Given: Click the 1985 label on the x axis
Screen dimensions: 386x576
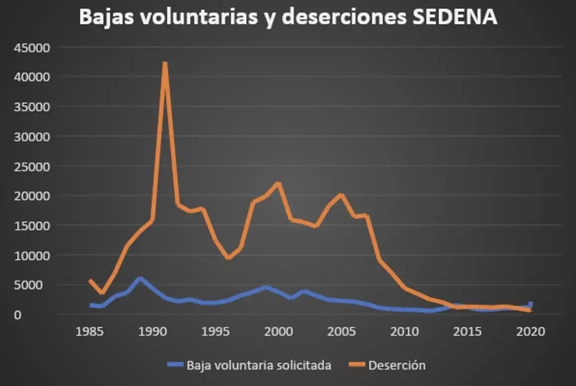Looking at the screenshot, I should [90, 331].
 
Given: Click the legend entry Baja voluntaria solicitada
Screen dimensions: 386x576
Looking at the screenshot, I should [258, 366].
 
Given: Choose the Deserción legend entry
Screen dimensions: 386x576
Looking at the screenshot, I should [397, 366].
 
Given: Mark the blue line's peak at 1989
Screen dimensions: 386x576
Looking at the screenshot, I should [140, 279].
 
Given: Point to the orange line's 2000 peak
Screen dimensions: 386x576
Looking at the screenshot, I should [279, 184].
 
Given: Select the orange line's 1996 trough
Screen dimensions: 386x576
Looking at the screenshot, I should [228, 257].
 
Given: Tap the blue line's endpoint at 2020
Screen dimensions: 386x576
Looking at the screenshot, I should [530, 305].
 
